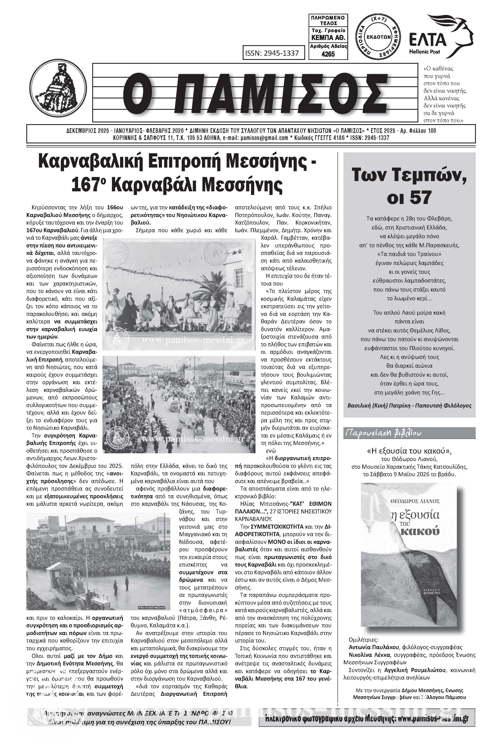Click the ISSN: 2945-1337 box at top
click(x=272, y=53)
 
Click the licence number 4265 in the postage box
click(x=328, y=54)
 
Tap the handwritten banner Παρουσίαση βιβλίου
click(x=383, y=433)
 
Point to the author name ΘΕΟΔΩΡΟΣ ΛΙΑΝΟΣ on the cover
click(x=409, y=501)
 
